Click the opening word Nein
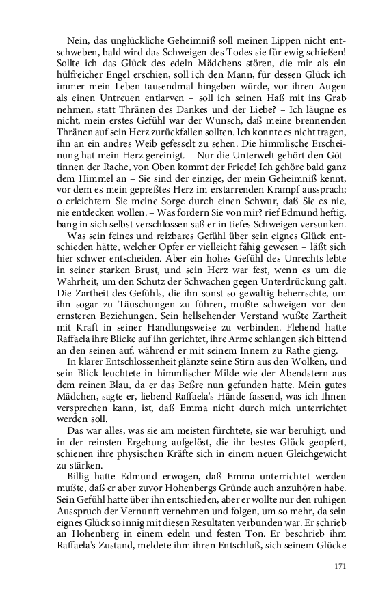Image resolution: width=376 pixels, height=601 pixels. (x=81, y=41)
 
